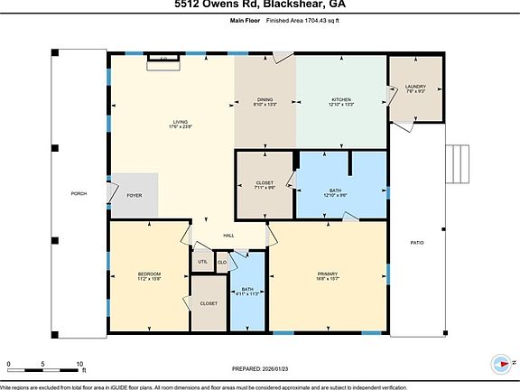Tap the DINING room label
pyautogui.click(x=264, y=99)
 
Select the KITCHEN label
pyautogui.click(x=341, y=99)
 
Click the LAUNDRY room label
pyautogui.click(x=415, y=87)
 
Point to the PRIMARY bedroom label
pyautogui.click(x=328, y=274)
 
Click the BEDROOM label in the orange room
pyautogui.click(x=149, y=274)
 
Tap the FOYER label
pyautogui.click(x=135, y=195)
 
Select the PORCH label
pyautogui.click(x=79, y=195)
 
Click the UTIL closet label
pyautogui.click(x=201, y=263)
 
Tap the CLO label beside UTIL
pyautogui.click(x=221, y=263)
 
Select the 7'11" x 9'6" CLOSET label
pyautogui.click(x=265, y=183)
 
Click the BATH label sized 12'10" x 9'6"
pyautogui.click(x=335, y=190)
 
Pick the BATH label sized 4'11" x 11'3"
pyautogui.click(x=246, y=289)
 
